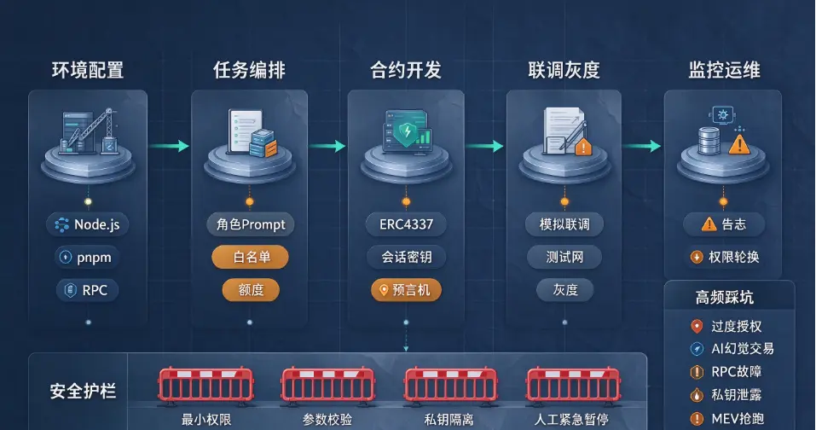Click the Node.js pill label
pyautogui.click(x=88, y=224)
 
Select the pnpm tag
pyautogui.click(x=87, y=257)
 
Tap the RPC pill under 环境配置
pyautogui.click(x=88, y=290)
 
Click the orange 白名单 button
pyautogui.click(x=251, y=257)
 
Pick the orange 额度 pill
pyautogui.click(x=251, y=290)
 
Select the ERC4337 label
pyautogui.click(x=406, y=224)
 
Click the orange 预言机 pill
pyautogui.click(x=406, y=290)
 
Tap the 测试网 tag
pyautogui.click(x=564, y=257)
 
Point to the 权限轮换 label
pyautogui.click(x=725, y=257)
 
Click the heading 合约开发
pyautogui.click(x=406, y=70)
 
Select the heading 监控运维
pyautogui.click(x=725, y=70)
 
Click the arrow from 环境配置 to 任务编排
pyautogui.click(x=170, y=146)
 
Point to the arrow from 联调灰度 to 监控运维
pyautogui.click(x=642, y=146)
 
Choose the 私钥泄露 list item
pyautogui.click(x=726, y=395)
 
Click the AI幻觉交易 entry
pyautogui.click(x=732, y=348)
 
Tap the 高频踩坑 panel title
pyautogui.click(x=725, y=297)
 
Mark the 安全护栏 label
pyautogui.click(x=83, y=391)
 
